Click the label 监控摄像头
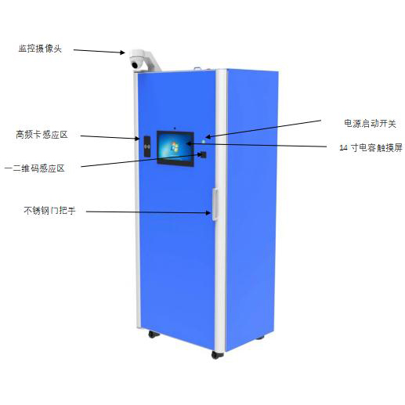pyautogui.click(x=40, y=49)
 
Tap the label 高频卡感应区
pyautogui.click(x=42, y=135)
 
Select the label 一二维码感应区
pyautogui.click(x=34, y=168)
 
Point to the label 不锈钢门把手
pyautogui.click(x=49, y=211)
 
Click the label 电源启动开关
pyautogui.click(x=370, y=124)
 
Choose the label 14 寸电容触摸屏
pyautogui.click(x=371, y=148)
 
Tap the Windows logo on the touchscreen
pyautogui.click(x=174, y=146)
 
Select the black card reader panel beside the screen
pyautogui.click(x=147, y=146)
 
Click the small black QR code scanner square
pyautogui.click(x=203, y=154)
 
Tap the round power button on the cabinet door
pyautogui.click(x=204, y=142)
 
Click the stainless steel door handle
pyautogui.click(x=215, y=204)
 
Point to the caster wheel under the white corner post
pyautogui.click(x=217, y=355)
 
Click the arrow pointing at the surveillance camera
pyautogui.click(x=99, y=51)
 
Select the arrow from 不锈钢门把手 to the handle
pyautogui.click(x=148, y=212)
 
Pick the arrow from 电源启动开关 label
pyautogui.click(x=263, y=128)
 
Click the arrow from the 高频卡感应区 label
pyautogui.click(x=110, y=137)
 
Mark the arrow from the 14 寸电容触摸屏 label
pyautogui.click(x=257, y=145)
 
